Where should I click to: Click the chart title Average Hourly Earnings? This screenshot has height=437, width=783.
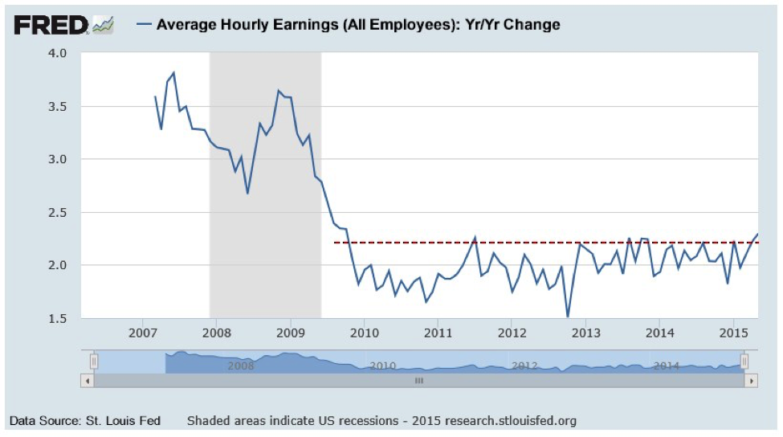click(x=358, y=24)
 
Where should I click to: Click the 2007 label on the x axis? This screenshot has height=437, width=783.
click(x=142, y=333)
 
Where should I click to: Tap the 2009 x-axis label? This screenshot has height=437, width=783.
click(x=290, y=333)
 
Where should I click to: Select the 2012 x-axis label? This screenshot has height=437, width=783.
click(x=512, y=333)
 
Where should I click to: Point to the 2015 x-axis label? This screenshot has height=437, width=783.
click(x=733, y=333)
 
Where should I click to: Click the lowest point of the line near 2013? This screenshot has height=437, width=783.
click(x=568, y=316)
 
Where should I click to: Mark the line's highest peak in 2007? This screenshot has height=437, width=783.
click(x=173, y=73)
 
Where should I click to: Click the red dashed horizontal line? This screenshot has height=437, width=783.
click(x=482, y=242)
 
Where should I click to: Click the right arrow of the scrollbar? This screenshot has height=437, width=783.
click(x=752, y=380)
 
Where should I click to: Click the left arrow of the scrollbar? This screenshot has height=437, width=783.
click(x=87, y=380)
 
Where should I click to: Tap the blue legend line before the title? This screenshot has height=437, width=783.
click(x=145, y=24)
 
